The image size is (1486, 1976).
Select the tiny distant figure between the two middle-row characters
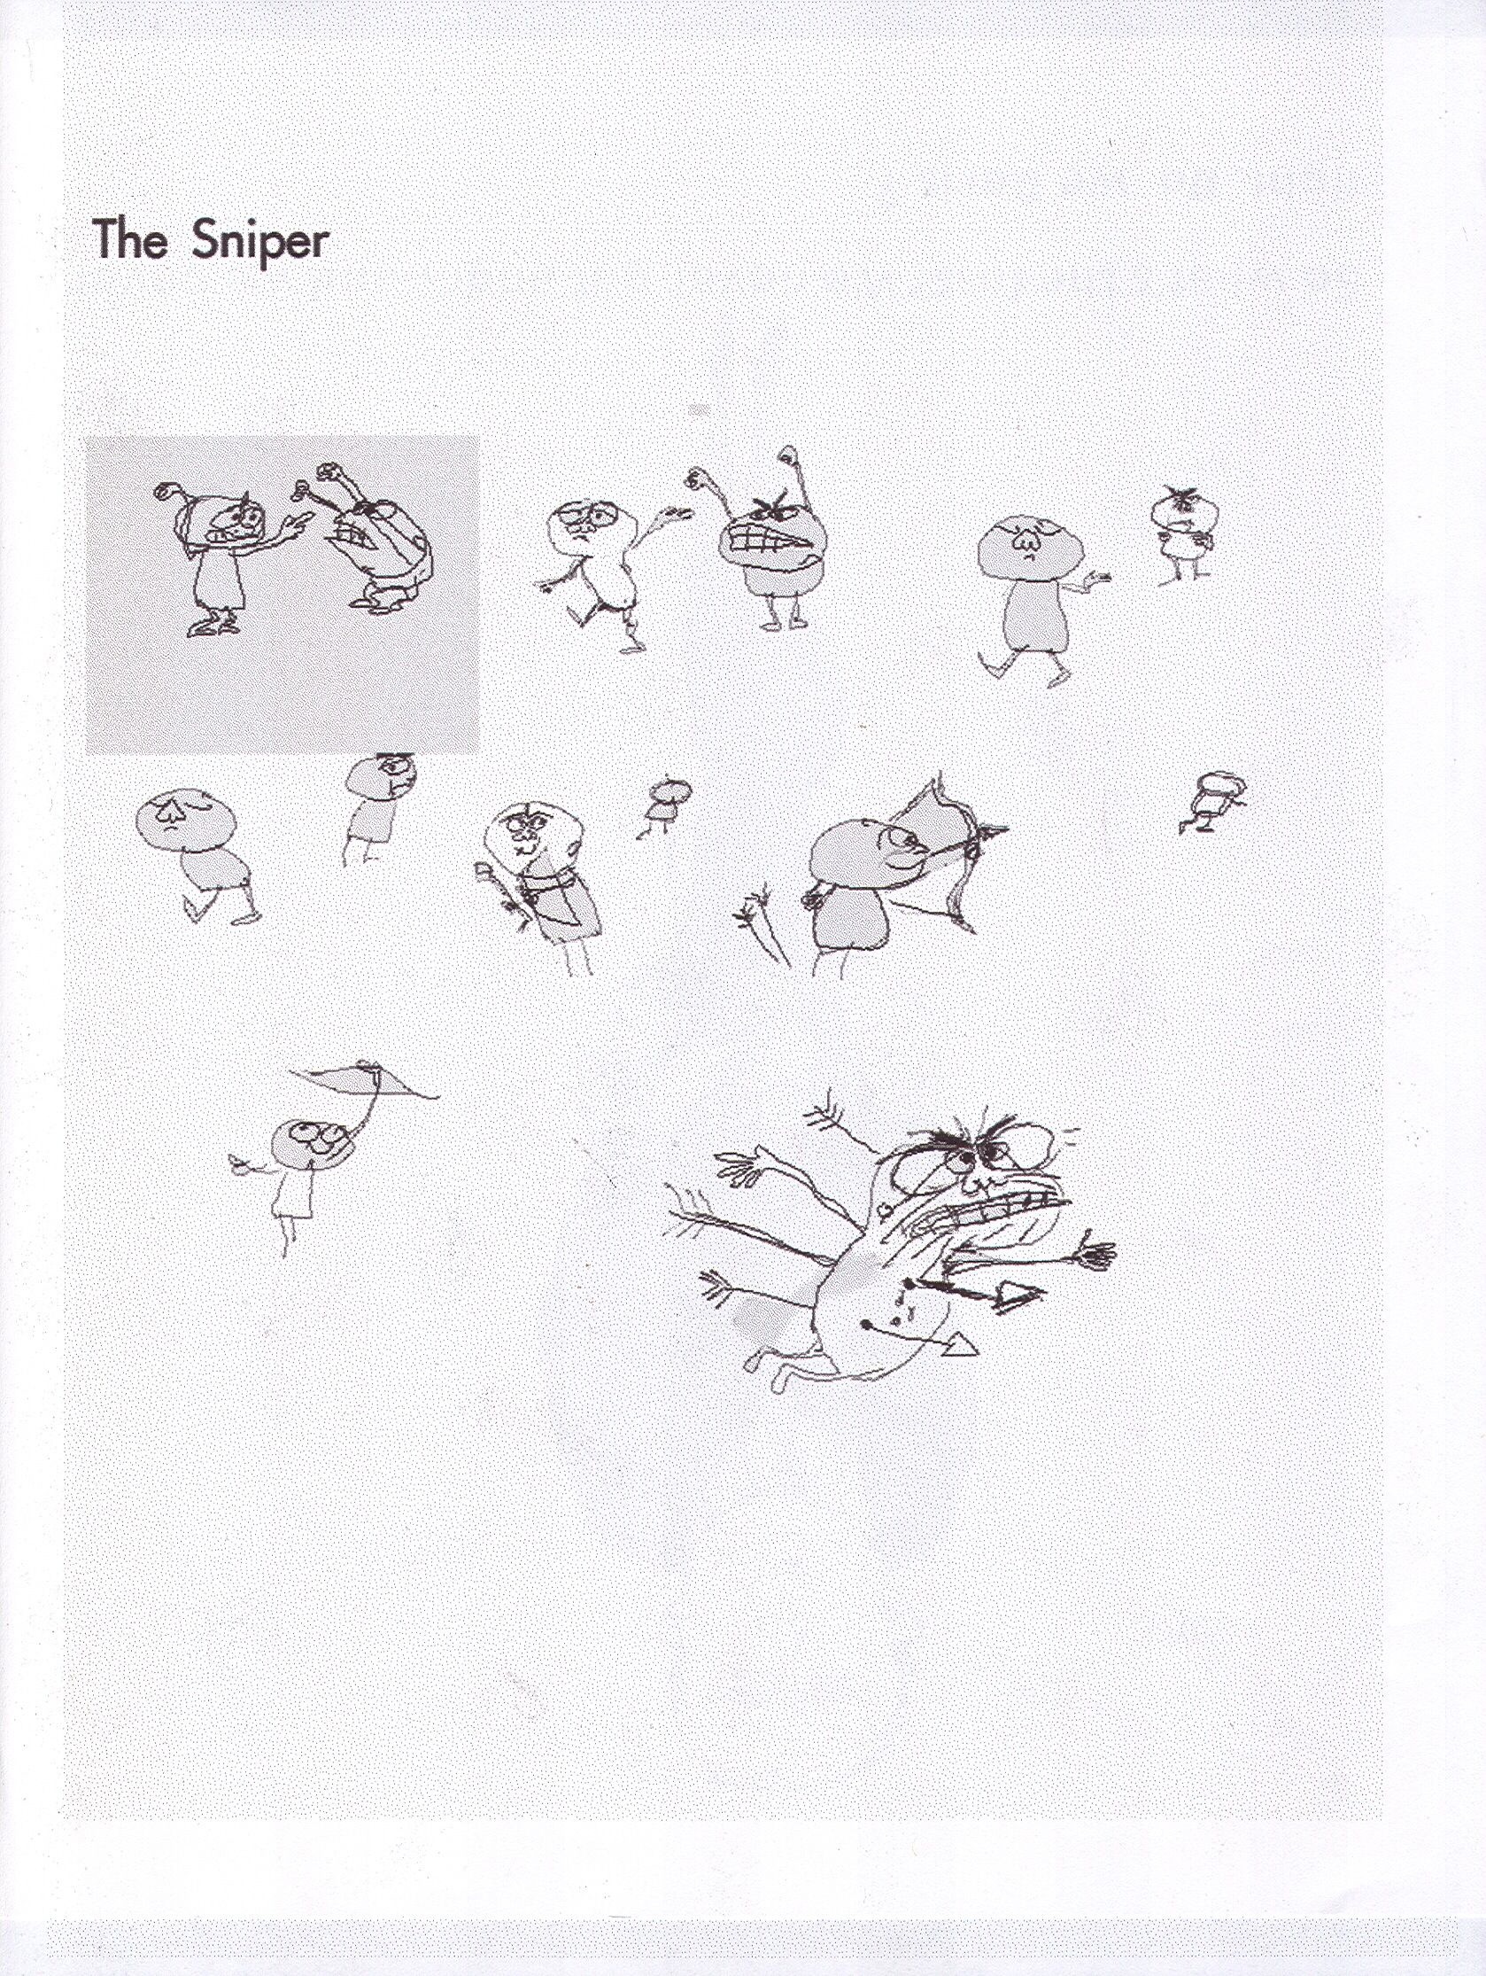[663, 803]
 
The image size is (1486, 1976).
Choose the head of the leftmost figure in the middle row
[186, 820]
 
